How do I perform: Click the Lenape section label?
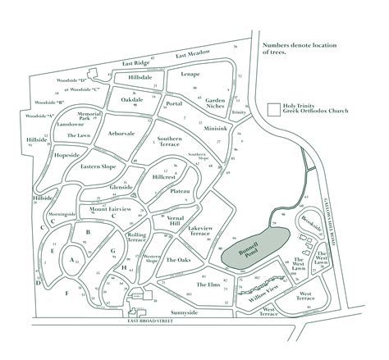click(x=190, y=74)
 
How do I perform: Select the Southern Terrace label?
click(x=169, y=143)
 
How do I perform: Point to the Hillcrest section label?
click(x=165, y=175)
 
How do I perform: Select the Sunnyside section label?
click(x=185, y=312)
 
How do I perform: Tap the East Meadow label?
click(x=193, y=55)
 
